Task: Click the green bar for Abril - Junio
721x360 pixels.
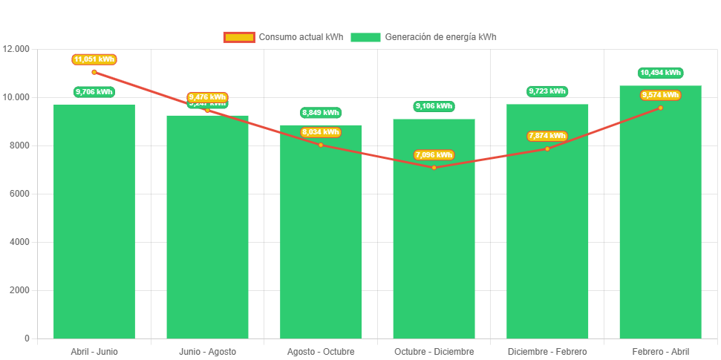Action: (94, 223)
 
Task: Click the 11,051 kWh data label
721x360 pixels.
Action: (94, 59)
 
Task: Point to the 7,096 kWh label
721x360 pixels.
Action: (434, 155)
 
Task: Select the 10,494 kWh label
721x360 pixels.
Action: (660, 73)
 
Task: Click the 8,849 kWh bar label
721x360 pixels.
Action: (321, 113)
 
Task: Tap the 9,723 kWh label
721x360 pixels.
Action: (547, 91)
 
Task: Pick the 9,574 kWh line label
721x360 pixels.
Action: (660, 95)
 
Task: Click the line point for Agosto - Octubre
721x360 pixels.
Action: (321, 145)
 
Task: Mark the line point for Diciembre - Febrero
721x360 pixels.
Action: (547, 148)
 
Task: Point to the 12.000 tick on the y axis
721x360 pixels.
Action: (16, 49)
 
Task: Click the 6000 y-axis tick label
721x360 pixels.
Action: (19, 194)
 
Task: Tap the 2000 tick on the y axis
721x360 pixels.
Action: (19, 290)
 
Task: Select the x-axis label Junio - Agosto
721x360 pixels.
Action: (207, 352)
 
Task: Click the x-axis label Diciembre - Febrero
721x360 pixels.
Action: (547, 352)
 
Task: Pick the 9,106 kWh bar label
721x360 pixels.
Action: (434, 107)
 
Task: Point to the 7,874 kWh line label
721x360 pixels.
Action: (547, 136)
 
